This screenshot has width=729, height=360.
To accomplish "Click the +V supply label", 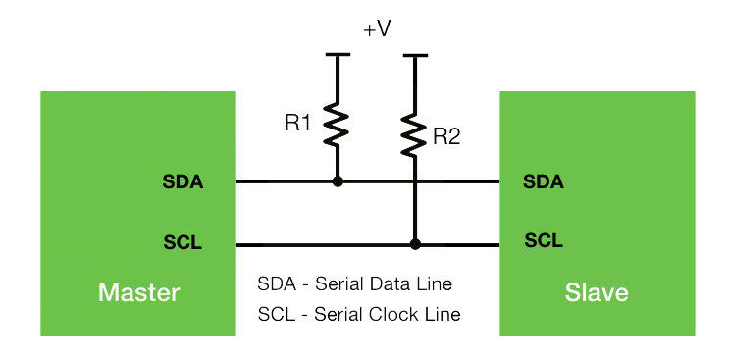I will pyautogui.click(x=377, y=29).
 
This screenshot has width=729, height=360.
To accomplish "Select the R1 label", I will pyautogui.click(x=298, y=124).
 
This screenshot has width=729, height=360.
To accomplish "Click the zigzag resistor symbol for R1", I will pyautogui.click(x=338, y=125).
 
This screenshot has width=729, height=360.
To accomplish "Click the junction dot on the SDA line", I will pyautogui.click(x=338, y=181).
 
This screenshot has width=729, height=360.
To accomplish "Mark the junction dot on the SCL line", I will pyautogui.click(x=415, y=243).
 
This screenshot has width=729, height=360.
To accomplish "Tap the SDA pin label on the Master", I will pyautogui.click(x=182, y=181).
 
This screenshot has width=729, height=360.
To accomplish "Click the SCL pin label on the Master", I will pyautogui.click(x=182, y=243).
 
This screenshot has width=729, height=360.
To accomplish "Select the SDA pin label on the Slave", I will pyautogui.click(x=544, y=181).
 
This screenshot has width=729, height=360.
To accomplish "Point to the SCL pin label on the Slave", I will pyautogui.click(x=544, y=239).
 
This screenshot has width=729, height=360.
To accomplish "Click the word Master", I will pyautogui.click(x=138, y=292).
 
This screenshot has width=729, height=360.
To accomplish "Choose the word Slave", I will pyautogui.click(x=597, y=292).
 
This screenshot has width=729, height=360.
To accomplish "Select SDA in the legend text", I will pyautogui.click(x=276, y=284).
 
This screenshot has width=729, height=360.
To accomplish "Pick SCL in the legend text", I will pyautogui.click(x=276, y=315).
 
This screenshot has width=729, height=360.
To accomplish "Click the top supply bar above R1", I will pyautogui.click(x=338, y=55).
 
